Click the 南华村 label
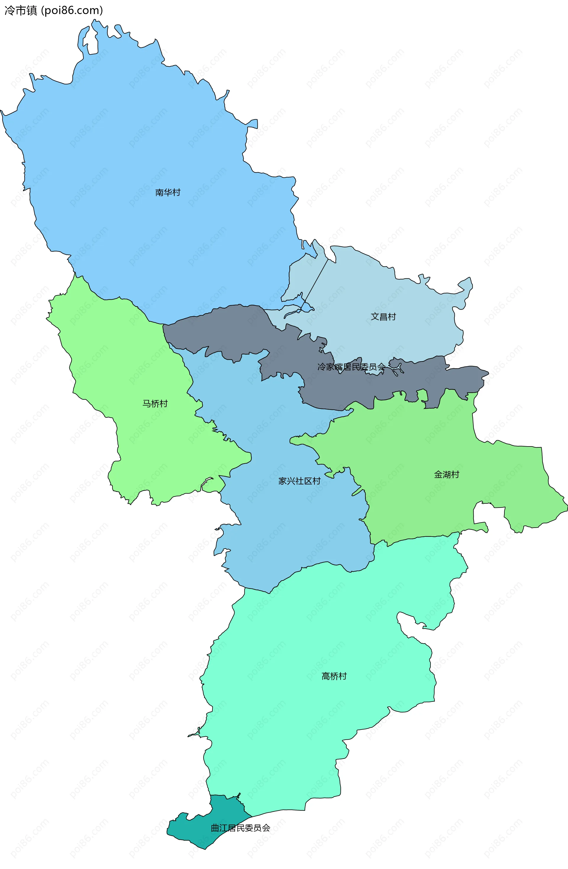pos(168,192)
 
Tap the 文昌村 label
pos(383,317)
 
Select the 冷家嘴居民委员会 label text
pos(351,367)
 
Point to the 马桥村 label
pos(155,404)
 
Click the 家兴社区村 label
pos(299,481)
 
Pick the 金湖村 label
pos(446,474)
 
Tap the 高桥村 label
pos(334,676)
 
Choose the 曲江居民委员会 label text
pos(241,828)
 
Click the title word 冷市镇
pos(21,11)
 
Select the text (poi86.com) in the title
pos(72,11)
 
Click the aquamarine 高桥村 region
pos(310,621)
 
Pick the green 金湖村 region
pos(419,504)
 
